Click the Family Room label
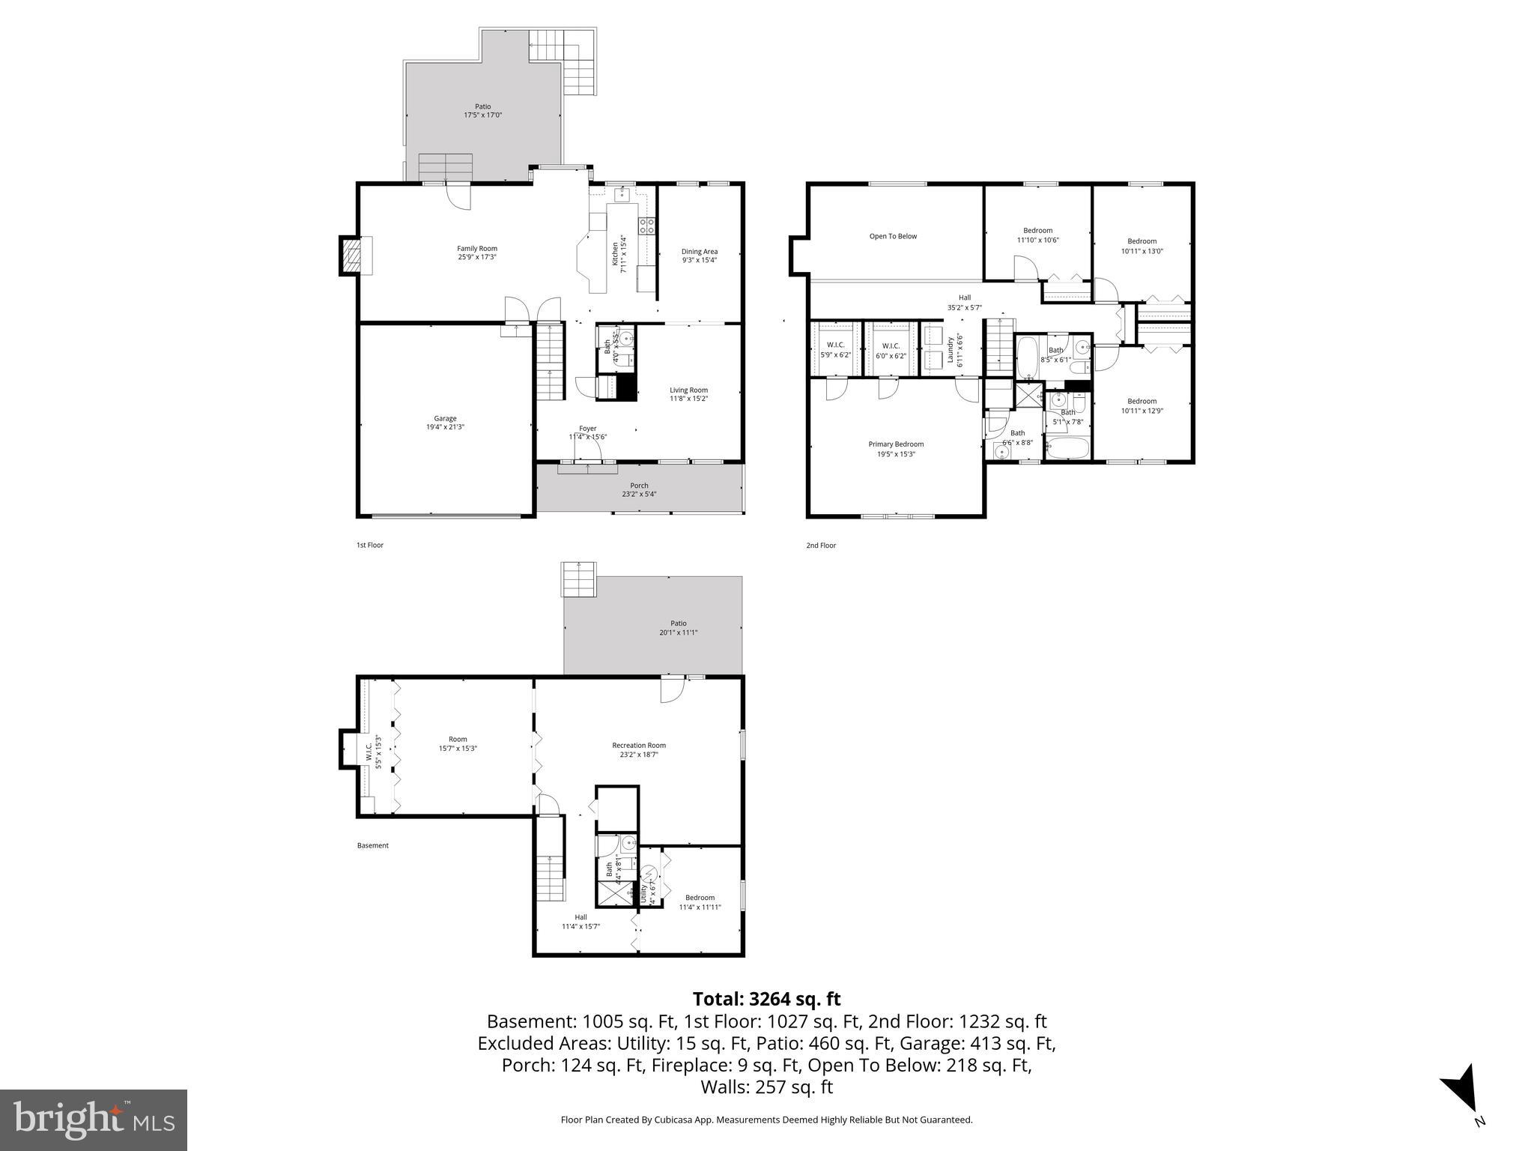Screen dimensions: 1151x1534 pyautogui.click(x=477, y=249)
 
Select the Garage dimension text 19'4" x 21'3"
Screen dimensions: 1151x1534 pyautogui.click(x=445, y=427)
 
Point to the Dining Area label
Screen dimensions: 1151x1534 pyautogui.click(x=699, y=252)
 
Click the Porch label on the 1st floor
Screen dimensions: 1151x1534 pyautogui.click(x=639, y=486)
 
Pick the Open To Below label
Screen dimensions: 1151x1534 pyautogui.click(x=893, y=236)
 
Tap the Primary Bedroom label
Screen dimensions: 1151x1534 pyautogui.click(x=896, y=444)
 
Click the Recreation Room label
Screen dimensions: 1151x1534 pyautogui.click(x=639, y=745)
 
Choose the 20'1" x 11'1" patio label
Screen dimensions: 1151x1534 pyautogui.click(x=678, y=632)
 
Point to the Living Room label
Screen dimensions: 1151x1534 pyautogui.click(x=688, y=390)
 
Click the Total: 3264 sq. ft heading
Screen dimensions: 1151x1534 pyautogui.click(x=766, y=999)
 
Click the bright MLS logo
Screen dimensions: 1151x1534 pyautogui.click(x=94, y=1120)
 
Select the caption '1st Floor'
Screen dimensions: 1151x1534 pyautogui.click(x=369, y=545)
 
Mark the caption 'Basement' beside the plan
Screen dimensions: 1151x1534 pyautogui.click(x=372, y=845)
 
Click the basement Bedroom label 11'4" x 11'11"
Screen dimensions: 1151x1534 pyautogui.click(x=700, y=898)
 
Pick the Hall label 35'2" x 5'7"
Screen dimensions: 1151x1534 pyautogui.click(x=964, y=297)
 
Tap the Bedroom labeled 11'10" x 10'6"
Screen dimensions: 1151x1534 pyautogui.click(x=1037, y=231)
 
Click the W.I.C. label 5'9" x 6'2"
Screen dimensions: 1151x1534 pyautogui.click(x=835, y=345)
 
